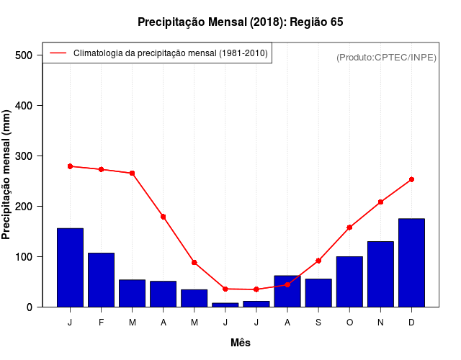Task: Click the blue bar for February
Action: tap(101, 280)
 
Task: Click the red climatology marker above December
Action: tap(411, 179)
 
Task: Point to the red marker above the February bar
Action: tap(101, 169)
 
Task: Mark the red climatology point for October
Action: tap(349, 228)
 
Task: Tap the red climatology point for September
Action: tap(318, 261)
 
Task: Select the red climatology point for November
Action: tap(380, 202)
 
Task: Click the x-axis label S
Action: tap(318, 323)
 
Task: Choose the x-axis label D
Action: tap(411, 323)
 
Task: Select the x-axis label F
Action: tap(101, 323)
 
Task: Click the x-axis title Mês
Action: tap(241, 343)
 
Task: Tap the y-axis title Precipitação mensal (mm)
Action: tap(7, 175)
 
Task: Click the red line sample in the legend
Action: tap(58, 53)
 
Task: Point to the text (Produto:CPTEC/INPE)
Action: tap(386, 57)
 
